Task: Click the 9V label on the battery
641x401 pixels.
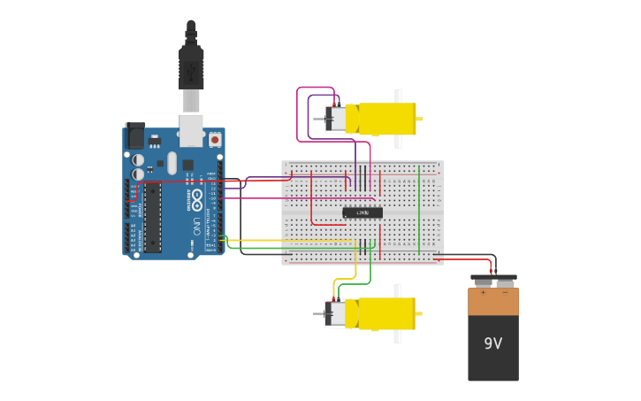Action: [x=492, y=343]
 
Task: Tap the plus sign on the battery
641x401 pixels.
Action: [x=483, y=292]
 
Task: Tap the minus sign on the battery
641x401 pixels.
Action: [x=505, y=292]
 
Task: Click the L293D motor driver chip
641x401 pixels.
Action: [x=362, y=212]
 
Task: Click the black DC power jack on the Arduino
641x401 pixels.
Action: [x=135, y=135]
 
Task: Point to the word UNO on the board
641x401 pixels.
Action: [x=195, y=227]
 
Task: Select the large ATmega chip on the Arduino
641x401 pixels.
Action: [x=153, y=218]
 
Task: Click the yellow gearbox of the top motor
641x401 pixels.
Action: [x=387, y=119]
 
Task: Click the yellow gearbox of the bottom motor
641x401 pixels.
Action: [x=386, y=313]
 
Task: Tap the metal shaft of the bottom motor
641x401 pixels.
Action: [x=318, y=313]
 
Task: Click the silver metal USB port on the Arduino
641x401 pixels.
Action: [x=191, y=129]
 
